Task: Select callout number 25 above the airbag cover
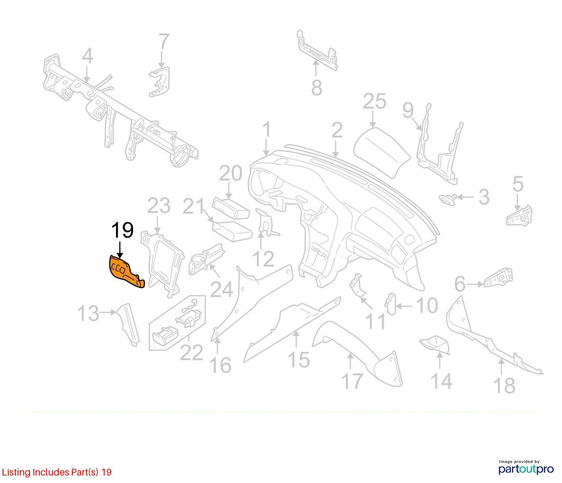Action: point(375,101)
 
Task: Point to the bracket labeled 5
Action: point(519,216)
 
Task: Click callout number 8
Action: point(317,87)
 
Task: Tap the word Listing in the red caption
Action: point(16,472)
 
